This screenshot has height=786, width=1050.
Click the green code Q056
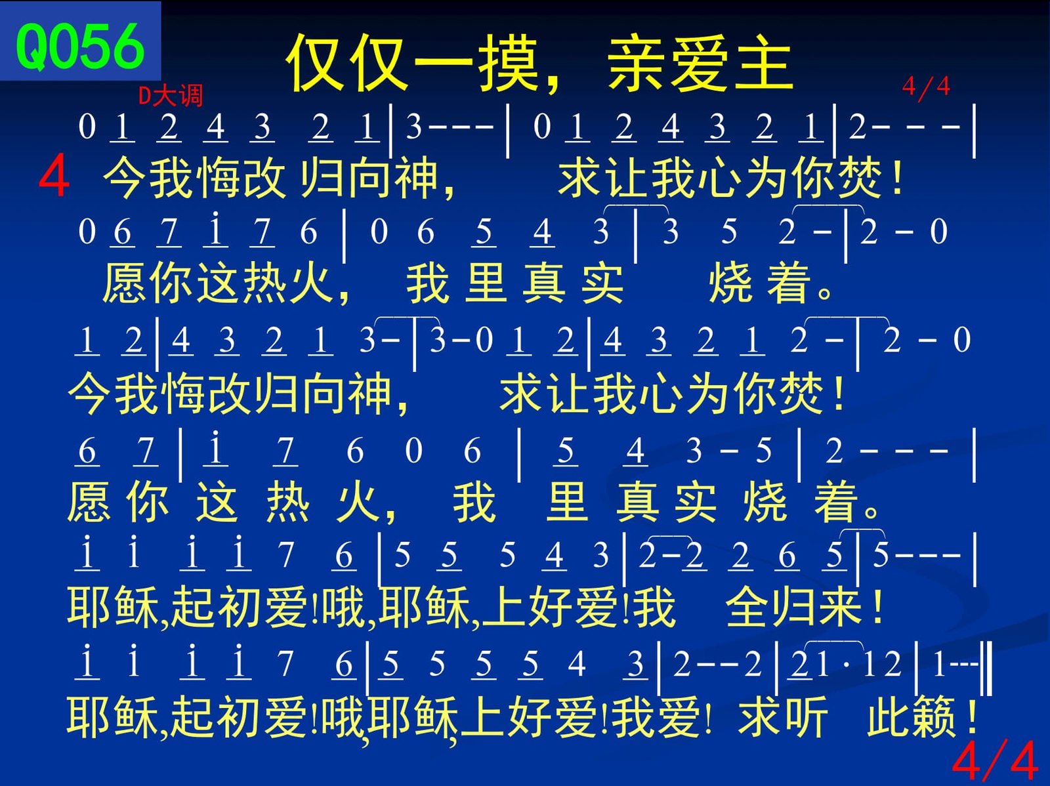(x=80, y=47)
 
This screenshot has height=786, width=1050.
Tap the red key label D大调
(x=171, y=96)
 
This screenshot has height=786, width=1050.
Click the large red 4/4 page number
(x=994, y=760)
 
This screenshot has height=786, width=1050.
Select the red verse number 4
(x=54, y=175)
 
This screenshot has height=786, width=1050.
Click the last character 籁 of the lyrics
(x=934, y=717)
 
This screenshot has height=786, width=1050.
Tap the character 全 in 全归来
(x=747, y=607)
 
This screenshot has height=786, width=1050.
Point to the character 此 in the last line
(x=889, y=717)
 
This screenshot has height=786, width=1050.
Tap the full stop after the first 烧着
(x=824, y=292)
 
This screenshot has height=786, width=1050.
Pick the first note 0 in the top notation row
(x=87, y=127)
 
